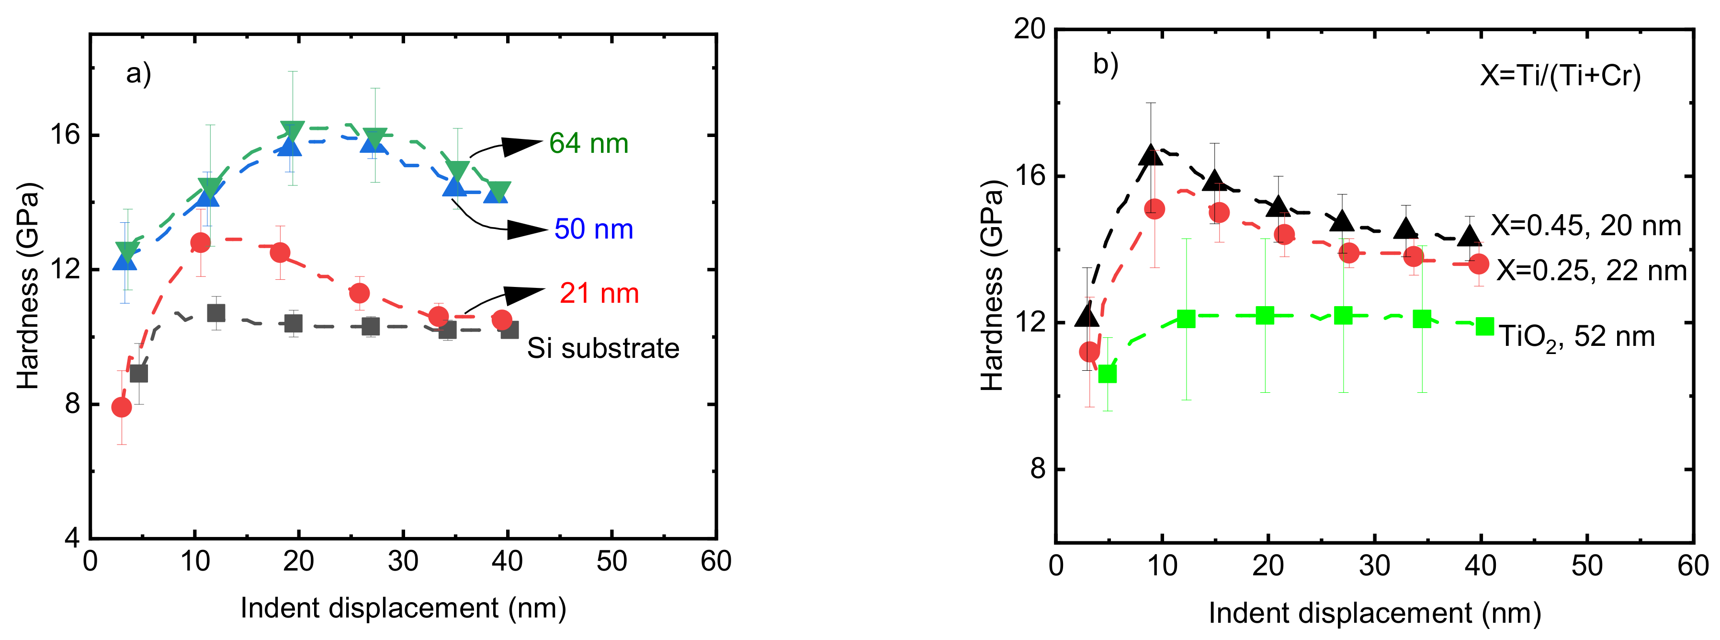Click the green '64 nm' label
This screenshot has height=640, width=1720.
(588, 144)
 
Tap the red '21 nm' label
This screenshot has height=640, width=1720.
(599, 293)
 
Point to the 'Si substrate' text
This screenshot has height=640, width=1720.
(603, 348)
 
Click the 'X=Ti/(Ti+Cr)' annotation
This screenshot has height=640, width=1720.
(1560, 76)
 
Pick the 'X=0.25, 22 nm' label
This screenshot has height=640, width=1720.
(1591, 271)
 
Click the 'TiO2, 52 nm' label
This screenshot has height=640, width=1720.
(1577, 336)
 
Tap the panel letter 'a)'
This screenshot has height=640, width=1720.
(139, 73)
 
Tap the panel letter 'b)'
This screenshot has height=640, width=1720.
(1106, 64)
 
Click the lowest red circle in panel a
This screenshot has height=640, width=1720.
(122, 407)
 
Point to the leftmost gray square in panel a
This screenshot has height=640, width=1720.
(139, 374)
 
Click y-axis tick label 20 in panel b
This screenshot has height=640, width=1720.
(1029, 29)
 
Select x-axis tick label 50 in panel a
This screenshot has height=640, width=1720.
(611, 561)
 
